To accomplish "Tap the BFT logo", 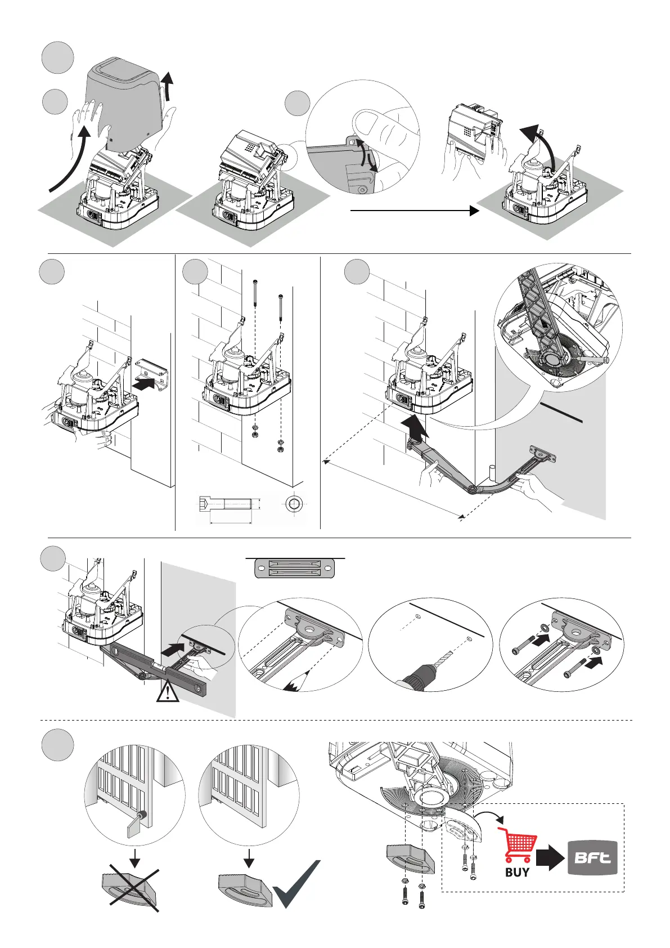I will click(592, 858).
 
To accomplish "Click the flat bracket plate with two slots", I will click(295, 568).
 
